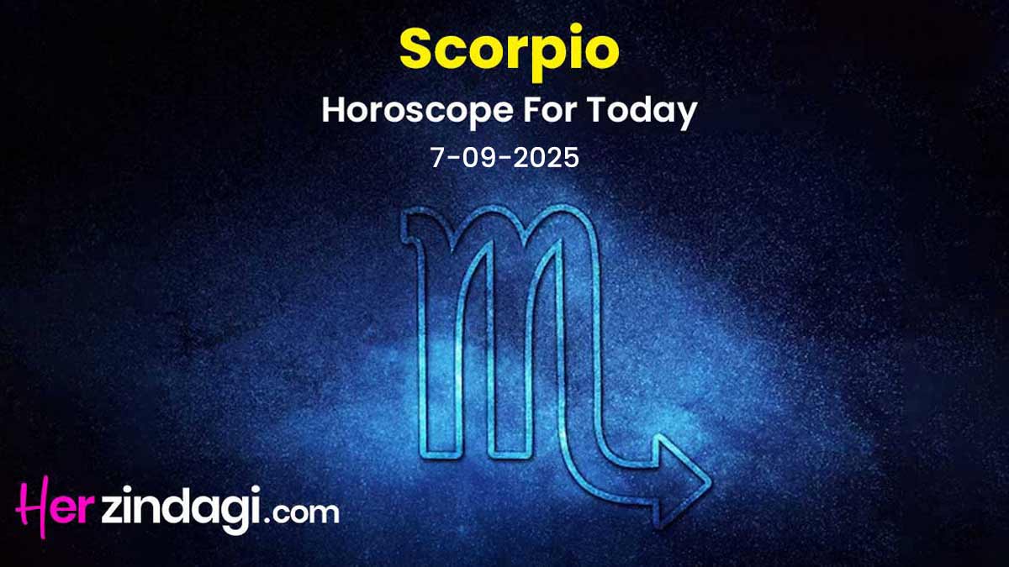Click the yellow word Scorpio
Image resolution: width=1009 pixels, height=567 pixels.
click(510, 51)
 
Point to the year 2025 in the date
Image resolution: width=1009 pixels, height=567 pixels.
click(546, 159)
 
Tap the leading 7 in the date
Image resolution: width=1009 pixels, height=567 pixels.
click(438, 159)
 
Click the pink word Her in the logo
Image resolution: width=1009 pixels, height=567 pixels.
click(54, 507)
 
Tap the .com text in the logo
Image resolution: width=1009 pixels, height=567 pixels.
click(302, 514)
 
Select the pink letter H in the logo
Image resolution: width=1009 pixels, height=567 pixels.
click(34, 507)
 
